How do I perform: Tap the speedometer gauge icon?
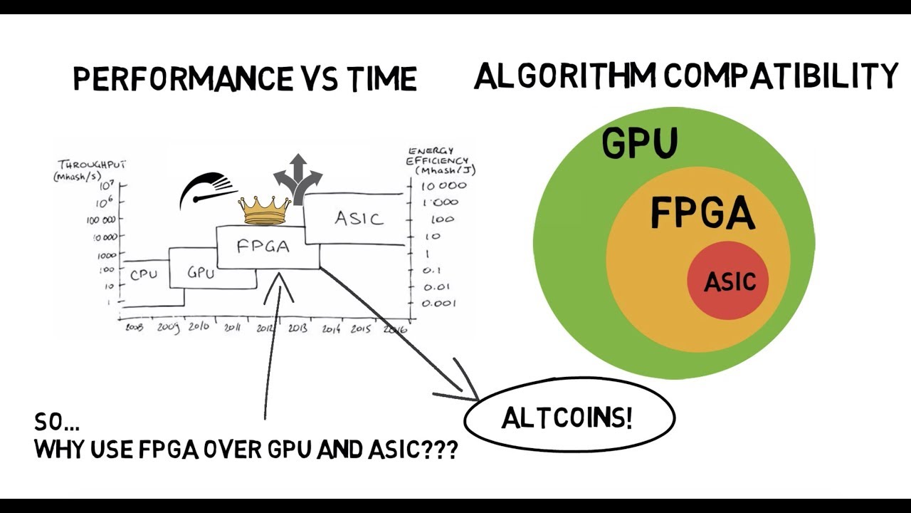(206, 190)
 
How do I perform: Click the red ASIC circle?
(728, 281)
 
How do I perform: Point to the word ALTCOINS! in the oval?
(567, 418)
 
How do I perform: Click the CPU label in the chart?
(144, 274)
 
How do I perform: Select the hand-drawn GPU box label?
(201, 272)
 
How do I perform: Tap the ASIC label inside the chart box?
(358, 218)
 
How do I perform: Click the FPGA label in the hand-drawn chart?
(263, 247)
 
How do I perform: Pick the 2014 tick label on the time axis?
(331, 328)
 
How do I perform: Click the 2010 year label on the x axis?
(199, 327)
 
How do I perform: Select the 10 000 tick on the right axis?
(443, 186)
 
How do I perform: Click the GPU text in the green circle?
(639, 142)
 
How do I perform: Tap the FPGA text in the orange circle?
(702, 212)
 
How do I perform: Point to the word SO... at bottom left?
(57, 423)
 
